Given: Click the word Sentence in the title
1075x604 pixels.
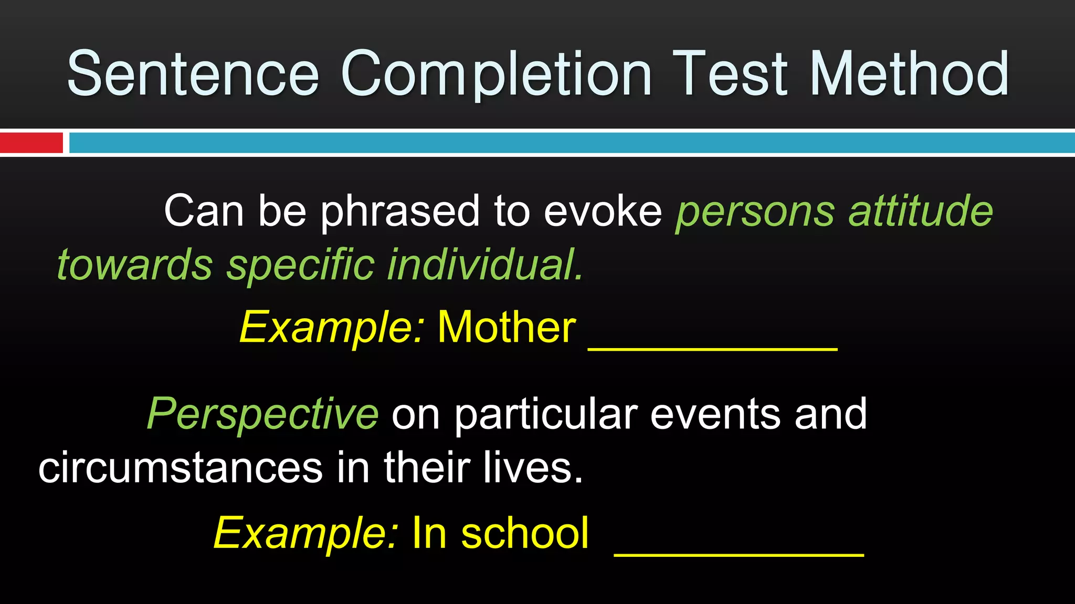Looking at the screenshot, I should tap(193, 73).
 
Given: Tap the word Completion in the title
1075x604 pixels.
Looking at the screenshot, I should tap(496, 73).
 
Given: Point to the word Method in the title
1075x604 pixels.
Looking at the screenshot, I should tap(909, 73).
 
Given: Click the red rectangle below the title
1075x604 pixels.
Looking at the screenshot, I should tap(31, 143).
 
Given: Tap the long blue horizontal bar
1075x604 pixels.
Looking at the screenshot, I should tap(572, 143).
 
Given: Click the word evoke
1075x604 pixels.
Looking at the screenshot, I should tap(603, 211).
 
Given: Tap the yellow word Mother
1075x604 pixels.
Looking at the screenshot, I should tap(507, 327).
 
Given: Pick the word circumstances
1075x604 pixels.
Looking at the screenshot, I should tap(180, 468).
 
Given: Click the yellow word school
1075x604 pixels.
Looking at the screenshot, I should tap(525, 533).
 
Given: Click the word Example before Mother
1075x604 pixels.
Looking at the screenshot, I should tap(331, 328).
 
